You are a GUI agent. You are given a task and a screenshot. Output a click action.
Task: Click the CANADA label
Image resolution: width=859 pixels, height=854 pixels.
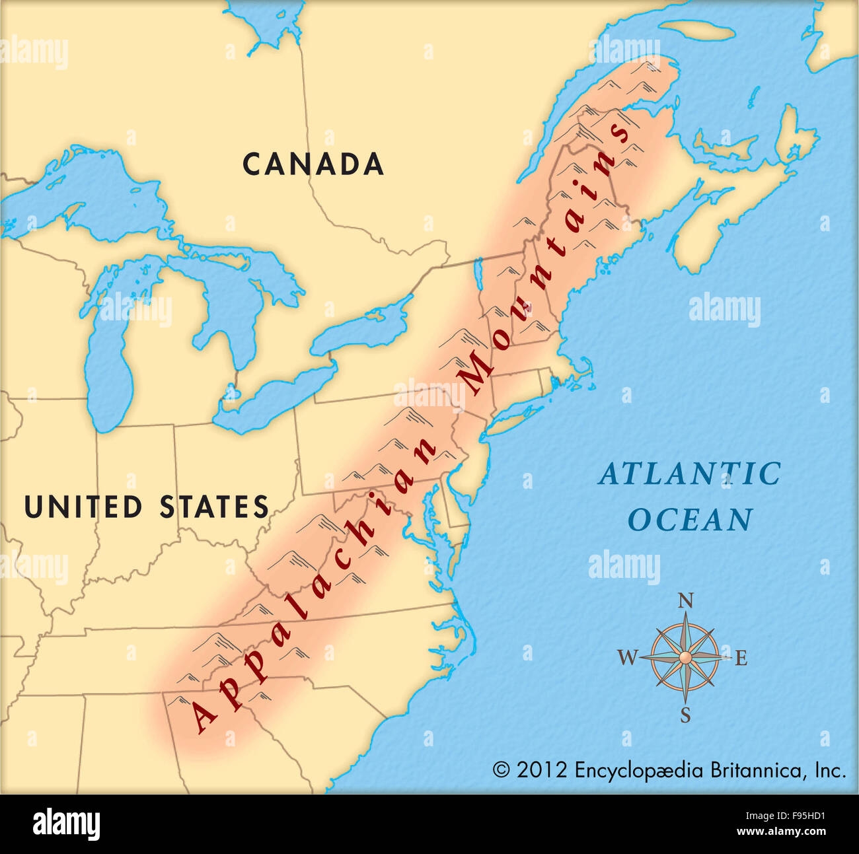pos(313,164)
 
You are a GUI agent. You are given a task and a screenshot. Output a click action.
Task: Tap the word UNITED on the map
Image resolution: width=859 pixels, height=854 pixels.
pos(83,507)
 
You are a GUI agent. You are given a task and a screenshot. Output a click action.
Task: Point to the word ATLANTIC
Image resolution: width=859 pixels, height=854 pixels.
pos(690,474)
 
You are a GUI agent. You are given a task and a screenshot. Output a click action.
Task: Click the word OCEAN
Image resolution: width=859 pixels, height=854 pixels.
pos(690,520)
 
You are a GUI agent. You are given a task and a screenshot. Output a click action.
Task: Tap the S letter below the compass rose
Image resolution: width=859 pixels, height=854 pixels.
pos(686,715)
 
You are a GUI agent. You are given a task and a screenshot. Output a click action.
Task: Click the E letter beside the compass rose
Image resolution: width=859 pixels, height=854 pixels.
pos(741,658)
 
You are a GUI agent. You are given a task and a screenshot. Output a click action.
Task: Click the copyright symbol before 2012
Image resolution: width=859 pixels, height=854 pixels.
pos(502,770)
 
